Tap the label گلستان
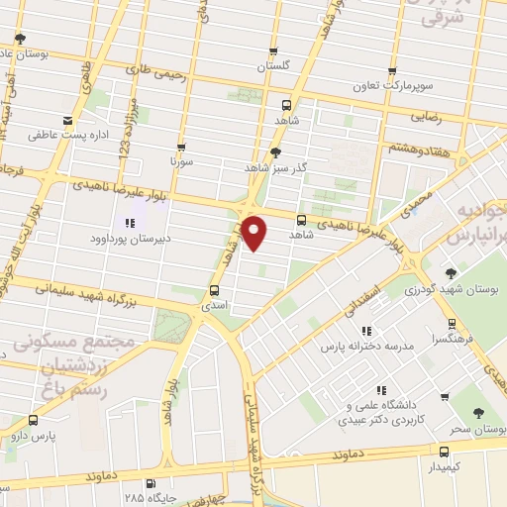click(274, 67)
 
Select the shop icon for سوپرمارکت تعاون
click(393, 72)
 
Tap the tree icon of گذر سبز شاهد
click(274, 152)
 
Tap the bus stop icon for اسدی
click(215, 290)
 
